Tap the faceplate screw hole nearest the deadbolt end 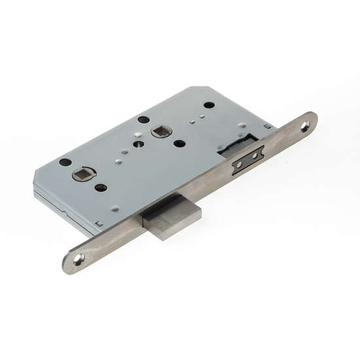(79, 260)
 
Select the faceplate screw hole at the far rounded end (305, 127)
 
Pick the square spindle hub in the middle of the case (159, 132)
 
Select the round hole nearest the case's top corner (209, 105)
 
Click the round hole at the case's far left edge (65, 162)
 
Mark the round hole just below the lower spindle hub (100, 188)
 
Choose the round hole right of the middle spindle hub (179, 143)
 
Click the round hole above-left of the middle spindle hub (143, 120)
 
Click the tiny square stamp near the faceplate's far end (266, 126)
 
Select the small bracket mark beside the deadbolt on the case (99, 225)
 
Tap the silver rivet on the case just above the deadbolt (115, 209)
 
